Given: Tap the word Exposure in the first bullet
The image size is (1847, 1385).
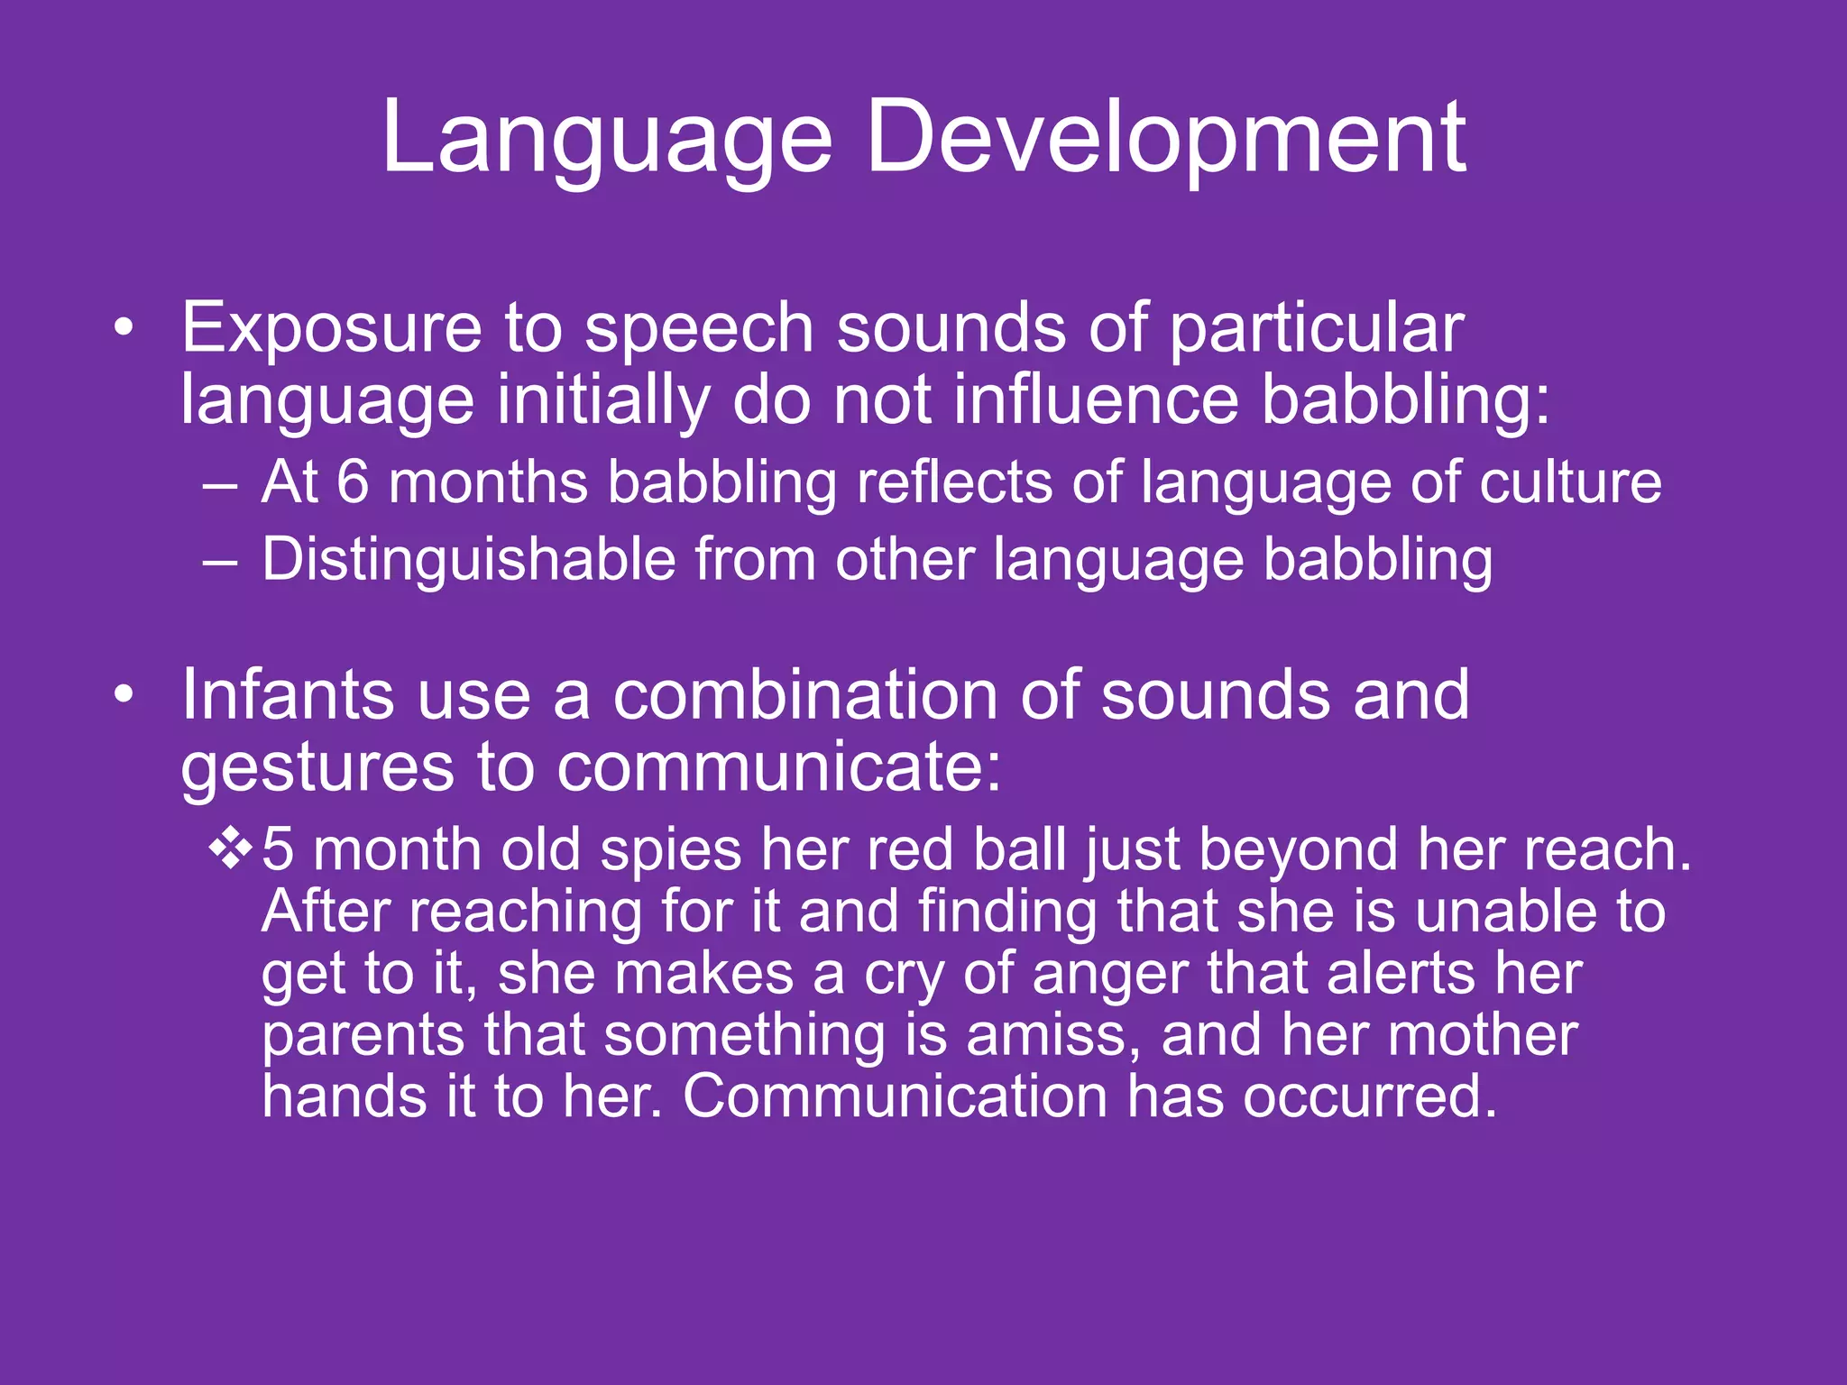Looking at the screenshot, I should click(x=331, y=328).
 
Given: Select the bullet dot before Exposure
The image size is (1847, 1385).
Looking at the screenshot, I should click(x=124, y=328).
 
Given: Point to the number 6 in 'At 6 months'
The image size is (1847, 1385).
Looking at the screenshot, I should click(x=353, y=482).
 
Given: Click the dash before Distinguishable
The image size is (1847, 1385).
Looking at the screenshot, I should click(x=220, y=561).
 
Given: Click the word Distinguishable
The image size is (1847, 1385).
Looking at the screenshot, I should click(x=468, y=561).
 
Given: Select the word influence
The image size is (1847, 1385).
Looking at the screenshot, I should click(x=1095, y=400).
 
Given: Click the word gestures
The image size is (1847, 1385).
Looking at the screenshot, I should click(x=317, y=769).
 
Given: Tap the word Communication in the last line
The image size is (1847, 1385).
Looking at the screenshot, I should click(x=895, y=1097).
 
